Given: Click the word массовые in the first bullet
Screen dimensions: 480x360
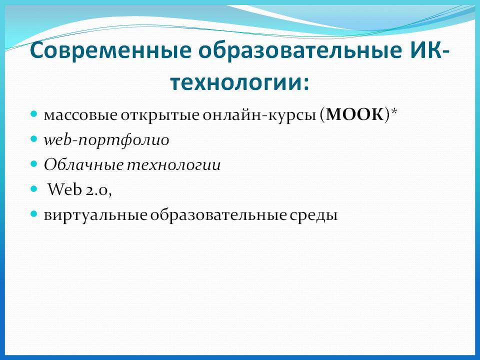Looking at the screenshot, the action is pos(80,116).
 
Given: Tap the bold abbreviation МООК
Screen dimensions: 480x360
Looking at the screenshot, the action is pos(355,115).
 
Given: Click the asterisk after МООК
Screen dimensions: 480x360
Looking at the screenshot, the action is pos(393,113).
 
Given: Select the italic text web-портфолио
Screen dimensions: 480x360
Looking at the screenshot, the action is pos(106,141).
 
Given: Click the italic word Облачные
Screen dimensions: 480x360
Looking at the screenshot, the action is pos(83,165).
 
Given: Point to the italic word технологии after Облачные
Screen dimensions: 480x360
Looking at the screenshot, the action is pos(173,165).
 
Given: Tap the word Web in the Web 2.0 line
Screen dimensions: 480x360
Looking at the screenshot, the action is pos(64,190).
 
